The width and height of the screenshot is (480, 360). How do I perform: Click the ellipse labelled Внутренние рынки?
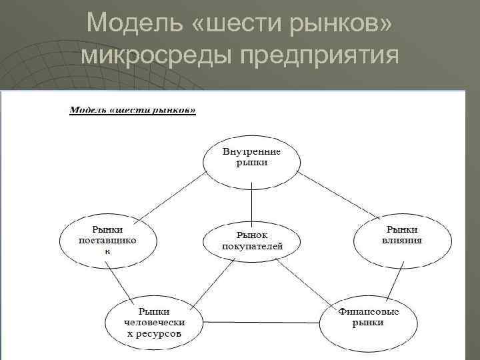(x=251, y=157)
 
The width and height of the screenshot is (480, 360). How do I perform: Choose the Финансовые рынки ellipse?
(x=369, y=317)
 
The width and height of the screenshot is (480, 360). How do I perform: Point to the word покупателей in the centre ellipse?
(x=252, y=246)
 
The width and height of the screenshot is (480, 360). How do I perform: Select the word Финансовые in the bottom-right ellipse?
(x=369, y=311)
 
